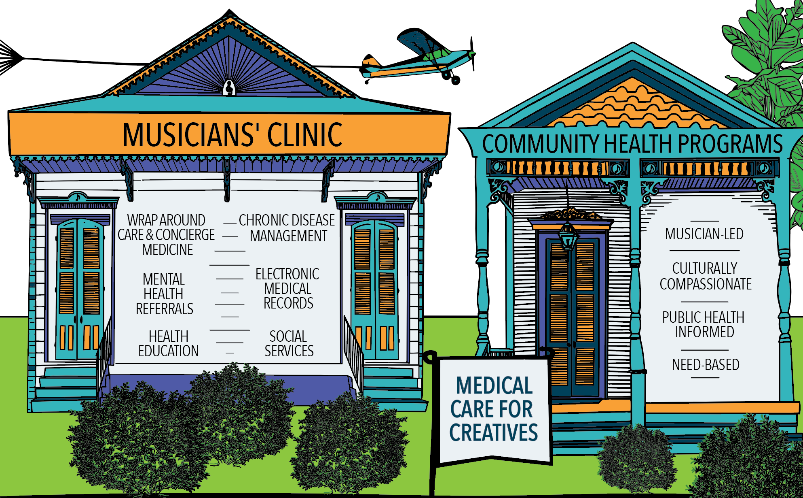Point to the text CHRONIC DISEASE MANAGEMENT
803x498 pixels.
point(287,228)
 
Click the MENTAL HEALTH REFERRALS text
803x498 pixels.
point(164,294)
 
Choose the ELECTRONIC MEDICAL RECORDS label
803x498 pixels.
point(287,289)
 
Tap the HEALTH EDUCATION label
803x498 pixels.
point(168,344)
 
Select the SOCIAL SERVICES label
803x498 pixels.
point(289,344)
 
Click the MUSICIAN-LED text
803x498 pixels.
point(704,234)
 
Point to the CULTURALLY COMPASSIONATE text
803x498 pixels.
point(705,276)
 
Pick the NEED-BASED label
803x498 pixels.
point(706,365)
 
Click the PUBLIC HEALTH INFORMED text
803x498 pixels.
point(704,324)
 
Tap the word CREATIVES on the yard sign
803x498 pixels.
point(494,433)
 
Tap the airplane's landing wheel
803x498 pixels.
point(455,80)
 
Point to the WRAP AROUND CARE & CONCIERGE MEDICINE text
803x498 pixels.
point(166,235)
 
